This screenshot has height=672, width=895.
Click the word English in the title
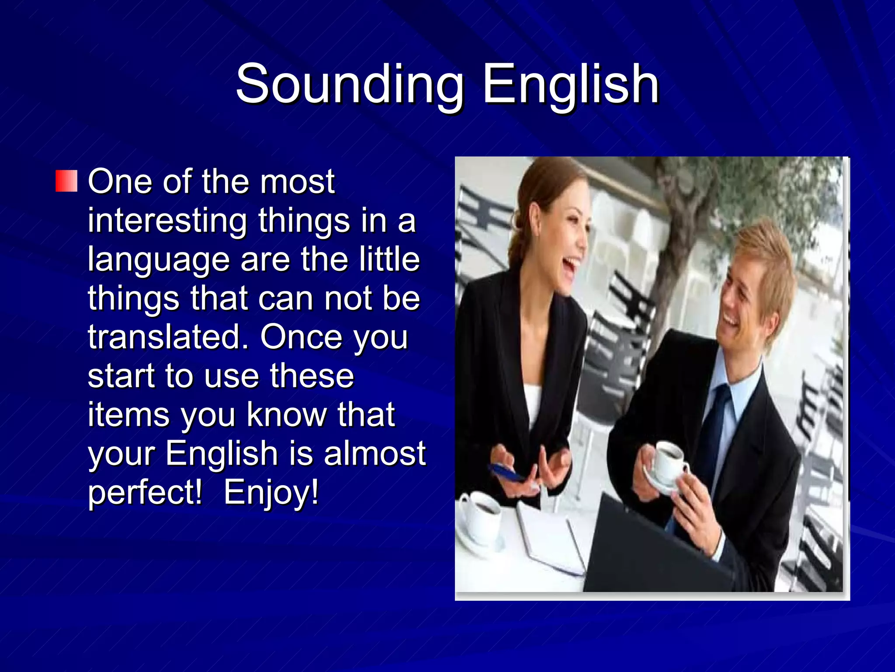(x=570, y=84)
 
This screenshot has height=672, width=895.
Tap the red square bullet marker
(x=66, y=181)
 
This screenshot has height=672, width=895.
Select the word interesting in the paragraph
(x=167, y=221)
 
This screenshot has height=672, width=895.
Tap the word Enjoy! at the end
(x=271, y=493)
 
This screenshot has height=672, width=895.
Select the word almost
(x=375, y=453)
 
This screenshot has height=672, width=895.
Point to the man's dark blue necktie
(x=717, y=420)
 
